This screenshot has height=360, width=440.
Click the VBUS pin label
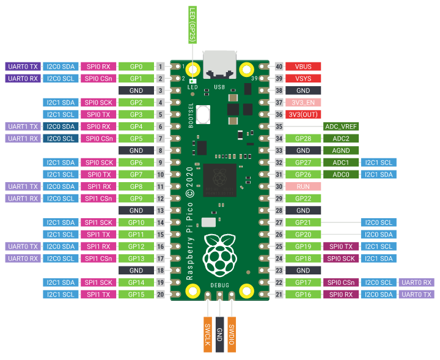point(303,67)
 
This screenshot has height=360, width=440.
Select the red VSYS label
point(303,79)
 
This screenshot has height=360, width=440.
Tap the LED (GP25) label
point(193,25)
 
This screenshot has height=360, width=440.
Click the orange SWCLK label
point(208,334)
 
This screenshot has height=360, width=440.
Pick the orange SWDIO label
point(232,334)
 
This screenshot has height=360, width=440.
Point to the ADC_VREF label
point(341,127)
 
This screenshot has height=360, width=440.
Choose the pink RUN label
point(303,186)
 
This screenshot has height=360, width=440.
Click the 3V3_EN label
point(303,103)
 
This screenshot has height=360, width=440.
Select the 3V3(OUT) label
point(303,114)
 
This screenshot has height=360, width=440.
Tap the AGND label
point(341,150)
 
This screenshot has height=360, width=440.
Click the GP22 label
point(303,199)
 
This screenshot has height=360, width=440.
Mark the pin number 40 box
point(279,67)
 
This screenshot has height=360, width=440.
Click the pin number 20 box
point(161,295)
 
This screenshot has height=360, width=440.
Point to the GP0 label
point(136,67)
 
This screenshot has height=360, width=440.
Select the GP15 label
point(136,295)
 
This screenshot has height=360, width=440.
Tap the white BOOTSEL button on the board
point(203,114)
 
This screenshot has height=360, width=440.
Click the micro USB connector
point(220,65)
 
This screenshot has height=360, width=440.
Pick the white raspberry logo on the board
point(220,255)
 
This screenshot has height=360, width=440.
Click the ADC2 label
point(341,139)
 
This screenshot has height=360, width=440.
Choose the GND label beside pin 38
point(303,90)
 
